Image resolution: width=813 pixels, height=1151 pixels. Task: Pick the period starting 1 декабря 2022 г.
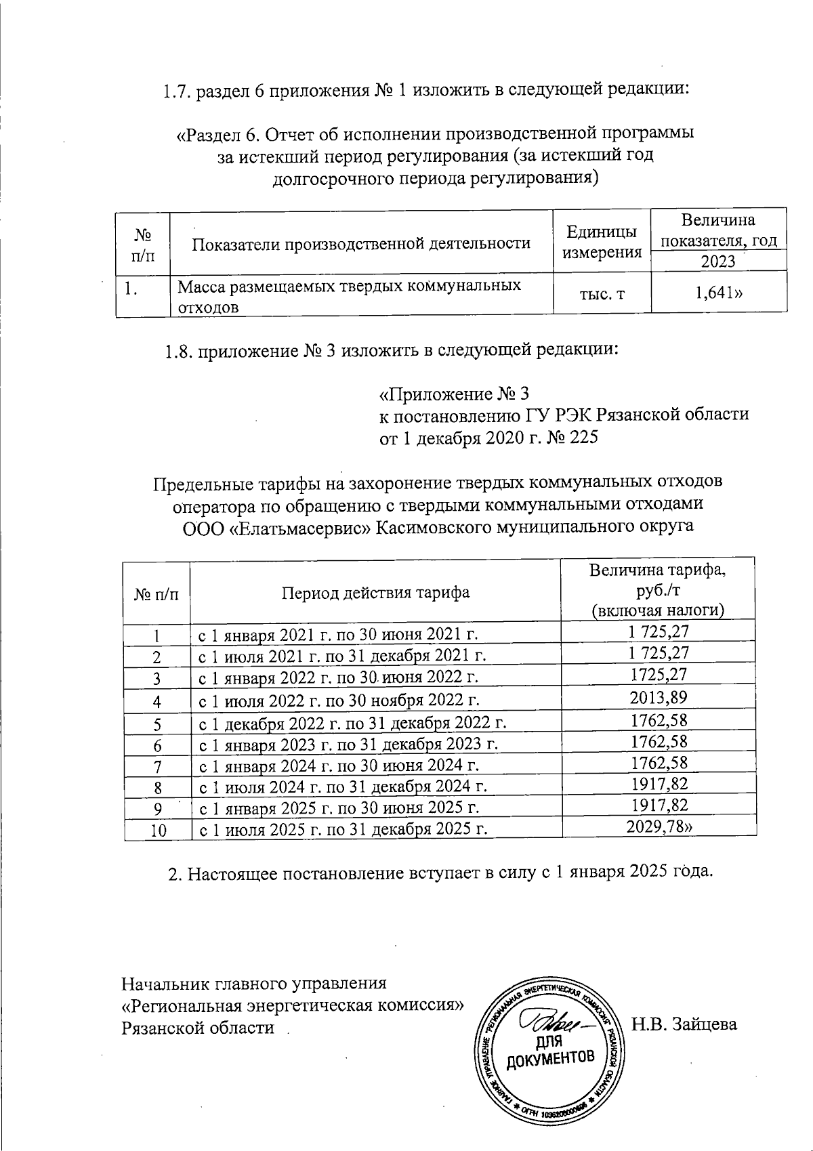(352, 724)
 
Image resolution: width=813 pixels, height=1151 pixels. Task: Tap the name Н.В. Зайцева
(684, 1024)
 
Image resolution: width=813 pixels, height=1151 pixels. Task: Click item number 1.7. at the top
(178, 90)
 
